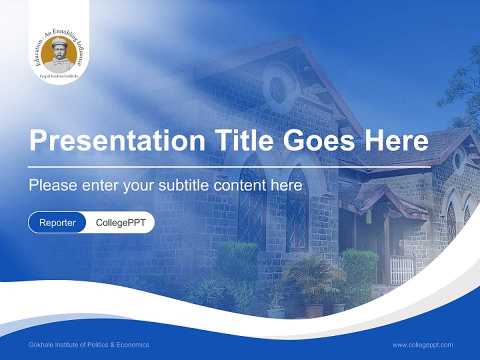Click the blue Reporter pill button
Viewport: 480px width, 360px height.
(57, 222)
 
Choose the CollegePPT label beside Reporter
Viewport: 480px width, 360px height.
(120, 222)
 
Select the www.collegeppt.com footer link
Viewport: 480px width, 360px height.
(422, 344)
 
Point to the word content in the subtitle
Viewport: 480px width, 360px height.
(241, 185)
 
